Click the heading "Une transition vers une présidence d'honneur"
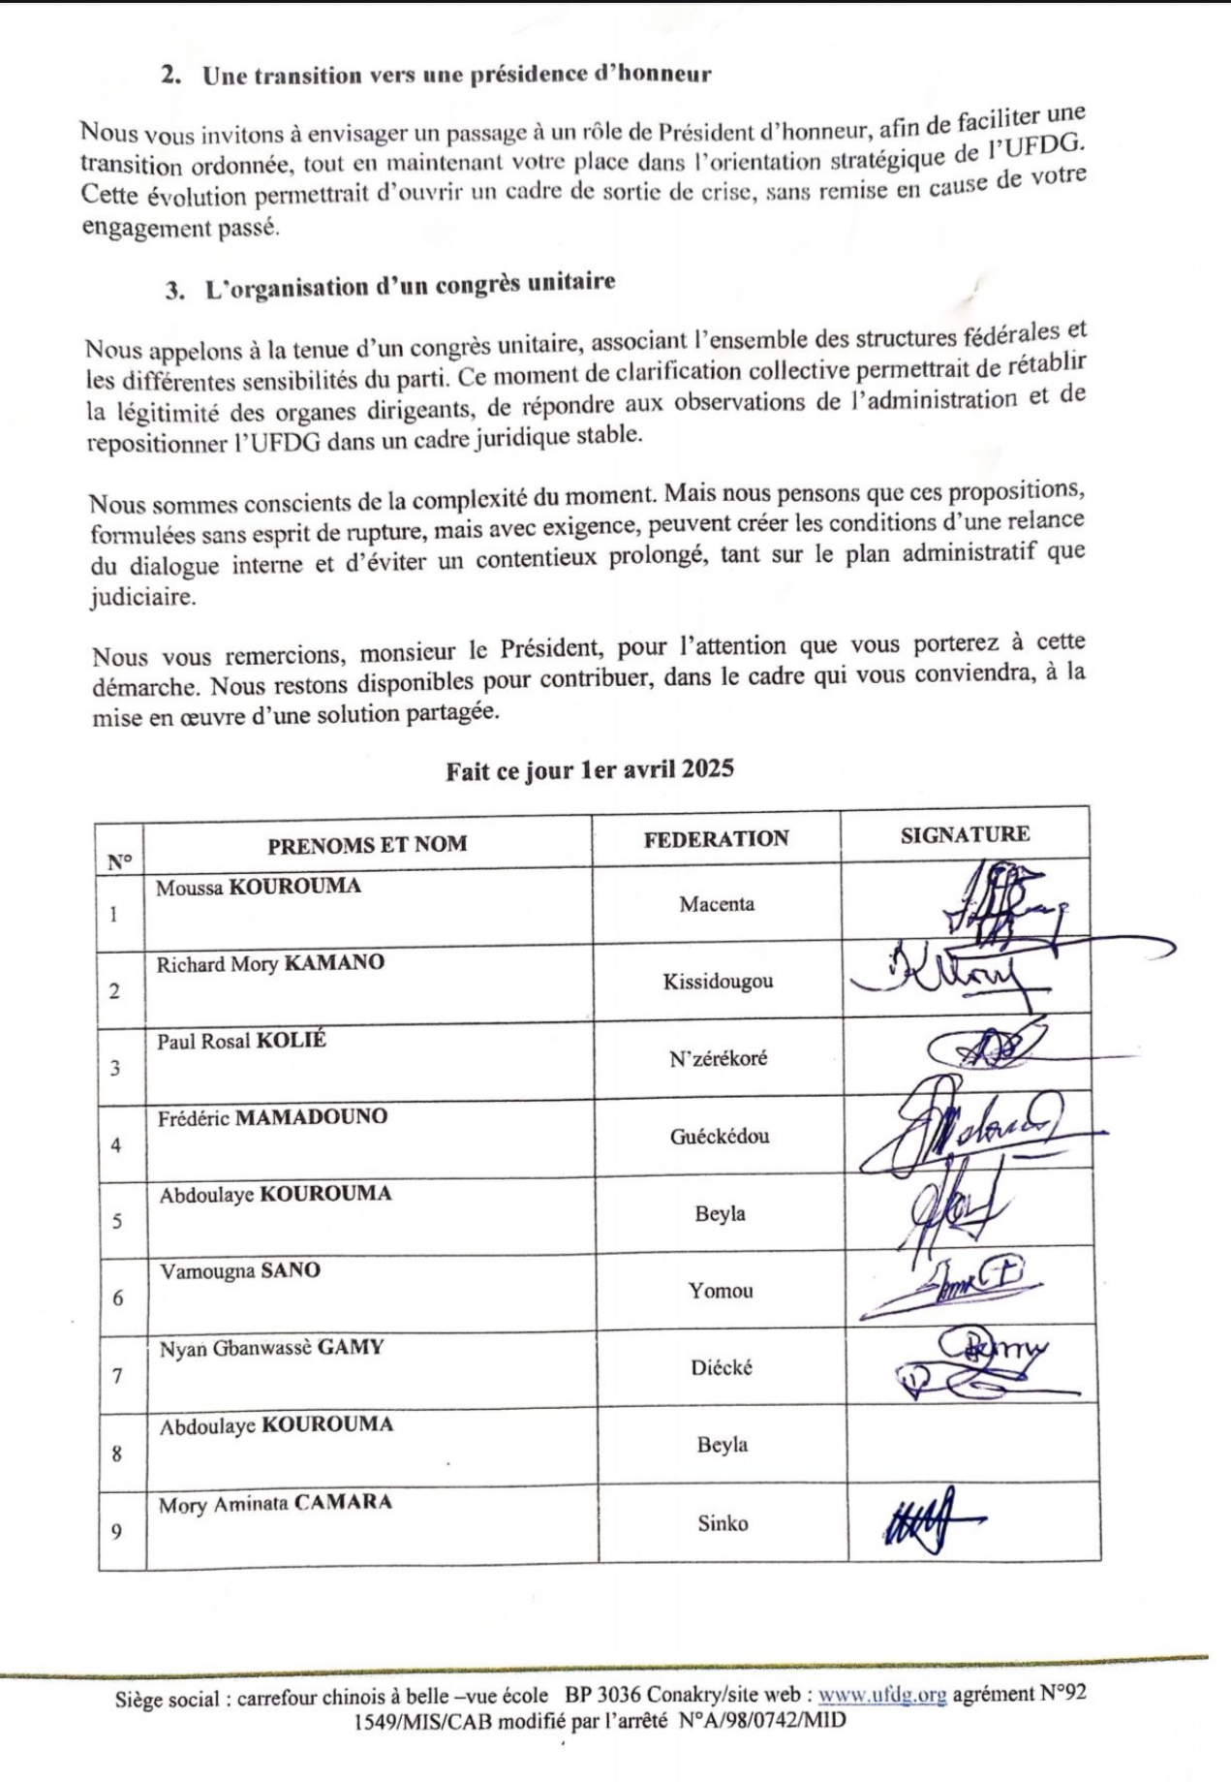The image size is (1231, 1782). click(456, 75)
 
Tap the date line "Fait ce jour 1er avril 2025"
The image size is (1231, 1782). click(590, 769)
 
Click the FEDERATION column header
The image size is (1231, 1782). click(716, 839)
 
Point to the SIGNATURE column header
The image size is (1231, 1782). click(965, 835)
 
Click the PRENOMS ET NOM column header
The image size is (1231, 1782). click(367, 844)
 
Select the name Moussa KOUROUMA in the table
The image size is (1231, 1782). click(258, 887)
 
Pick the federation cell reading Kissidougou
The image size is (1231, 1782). click(718, 982)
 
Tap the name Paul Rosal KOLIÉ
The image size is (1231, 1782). click(242, 1041)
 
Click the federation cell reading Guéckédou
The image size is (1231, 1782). click(720, 1136)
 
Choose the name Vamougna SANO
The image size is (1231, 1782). click(240, 1270)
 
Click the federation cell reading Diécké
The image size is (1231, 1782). click(722, 1368)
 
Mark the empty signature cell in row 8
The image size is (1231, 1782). click(972, 1444)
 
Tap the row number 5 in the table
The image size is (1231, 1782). click(117, 1221)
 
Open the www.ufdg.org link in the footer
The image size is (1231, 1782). click(881, 1695)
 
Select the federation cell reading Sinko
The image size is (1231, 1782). click(723, 1523)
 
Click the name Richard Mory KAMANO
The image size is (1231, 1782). click(270, 964)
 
